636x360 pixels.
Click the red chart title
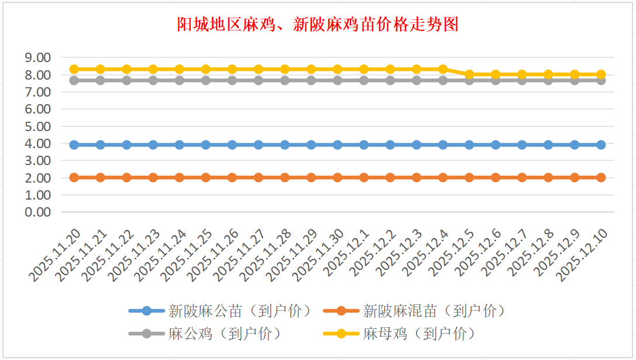click(318, 25)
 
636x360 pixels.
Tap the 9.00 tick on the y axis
click(37, 58)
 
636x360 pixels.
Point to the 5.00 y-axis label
click(37, 126)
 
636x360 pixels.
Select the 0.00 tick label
click(37, 212)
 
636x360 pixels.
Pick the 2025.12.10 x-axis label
click(584, 254)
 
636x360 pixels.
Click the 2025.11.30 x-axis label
click(320, 255)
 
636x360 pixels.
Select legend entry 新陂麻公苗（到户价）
click(219, 311)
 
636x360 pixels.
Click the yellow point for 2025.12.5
click(469, 74)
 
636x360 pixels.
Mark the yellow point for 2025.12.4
click(443, 69)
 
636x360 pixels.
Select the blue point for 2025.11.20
click(74, 145)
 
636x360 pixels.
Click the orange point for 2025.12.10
click(601, 177)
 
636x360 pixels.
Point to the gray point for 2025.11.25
click(206, 80)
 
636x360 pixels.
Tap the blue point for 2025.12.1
click(364, 145)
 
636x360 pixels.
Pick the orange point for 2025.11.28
click(285, 177)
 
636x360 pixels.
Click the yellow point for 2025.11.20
click(74, 69)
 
